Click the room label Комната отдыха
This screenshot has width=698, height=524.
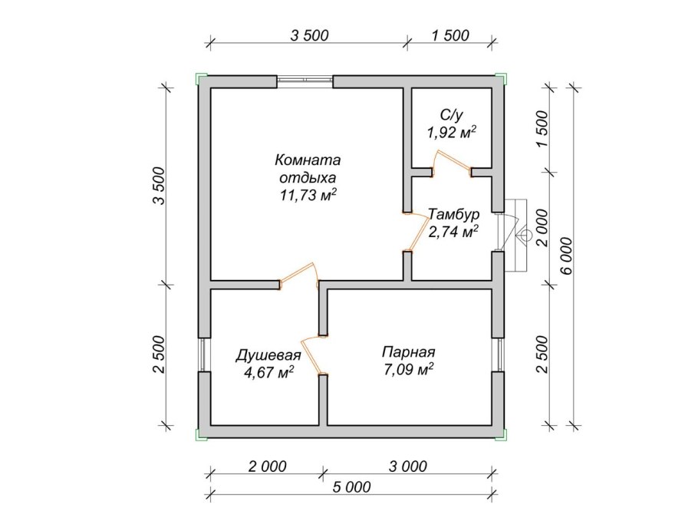tap(308, 168)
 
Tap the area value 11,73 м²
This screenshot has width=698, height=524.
tap(308, 195)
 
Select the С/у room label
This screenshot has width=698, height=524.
tap(451, 115)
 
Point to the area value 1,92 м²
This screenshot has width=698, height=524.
tap(451, 132)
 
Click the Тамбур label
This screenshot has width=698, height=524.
tap(454, 214)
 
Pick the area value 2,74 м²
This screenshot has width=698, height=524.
tap(453, 232)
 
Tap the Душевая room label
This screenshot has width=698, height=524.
tap(268, 355)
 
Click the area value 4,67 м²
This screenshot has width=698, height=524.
tap(268, 372)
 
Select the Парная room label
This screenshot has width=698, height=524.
tap(408, 352)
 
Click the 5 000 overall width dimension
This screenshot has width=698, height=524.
tap(351, 486)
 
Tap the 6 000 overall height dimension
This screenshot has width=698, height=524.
tap(566, 256)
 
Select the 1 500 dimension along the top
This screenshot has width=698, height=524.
tap(450, 35)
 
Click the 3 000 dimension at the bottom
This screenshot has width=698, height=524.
tap(408, 466)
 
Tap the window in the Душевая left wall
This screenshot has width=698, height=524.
tap(204, 354)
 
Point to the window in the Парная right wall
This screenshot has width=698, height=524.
tap(498, 354)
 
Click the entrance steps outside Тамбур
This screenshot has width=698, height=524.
tap(515, 235)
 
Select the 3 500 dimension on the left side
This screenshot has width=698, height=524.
tap(159, 185)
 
